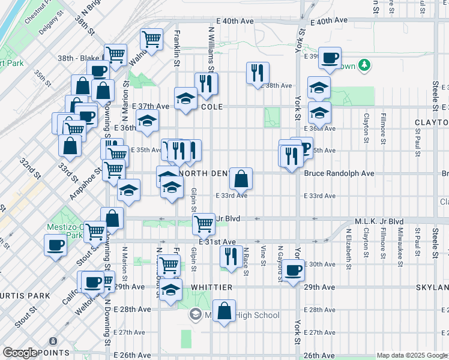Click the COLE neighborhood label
click(x=212, y=107)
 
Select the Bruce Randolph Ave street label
click(x=339, y=173)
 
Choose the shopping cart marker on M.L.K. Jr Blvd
click(x=204, y=223)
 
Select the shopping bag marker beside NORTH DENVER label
click(x=241, y=178)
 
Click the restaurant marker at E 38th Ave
click(x=258, y=73)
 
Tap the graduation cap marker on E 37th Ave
click(x=185, y=98)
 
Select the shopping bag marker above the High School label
click(x=224, y=310)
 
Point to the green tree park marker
click(x=364, y=64)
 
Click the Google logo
click(x=20, y=353)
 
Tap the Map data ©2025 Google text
click(x=411, y=355)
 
